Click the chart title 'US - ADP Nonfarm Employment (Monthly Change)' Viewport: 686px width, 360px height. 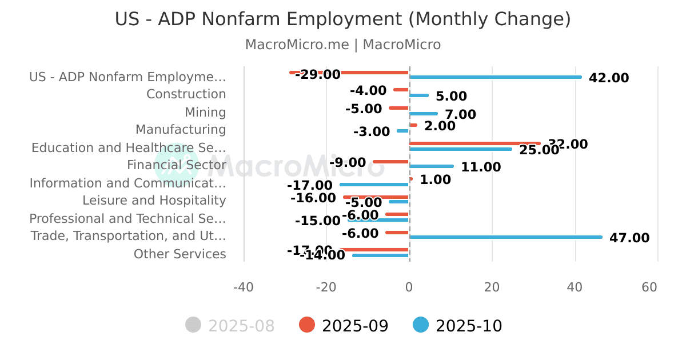pos(343,19)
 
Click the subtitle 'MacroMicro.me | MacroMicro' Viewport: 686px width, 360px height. pos(343,45)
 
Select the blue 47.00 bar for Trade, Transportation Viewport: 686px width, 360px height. pos(505,237)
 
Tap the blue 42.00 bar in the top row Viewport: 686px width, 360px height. pos(495,77)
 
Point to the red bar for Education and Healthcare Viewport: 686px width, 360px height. pos(474,143)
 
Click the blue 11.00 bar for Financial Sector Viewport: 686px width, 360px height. pos(432,166)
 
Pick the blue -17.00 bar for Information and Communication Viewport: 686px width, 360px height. pos(374,185)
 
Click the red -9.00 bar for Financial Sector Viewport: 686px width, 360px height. pos(391,162)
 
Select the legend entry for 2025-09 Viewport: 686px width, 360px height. pos(344,326)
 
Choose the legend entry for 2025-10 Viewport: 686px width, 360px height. pos(458,326)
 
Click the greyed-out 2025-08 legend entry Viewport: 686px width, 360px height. pos(230,326)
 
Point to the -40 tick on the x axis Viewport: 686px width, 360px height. pos(244,287)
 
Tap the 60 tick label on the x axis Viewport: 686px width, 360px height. pos(649,287)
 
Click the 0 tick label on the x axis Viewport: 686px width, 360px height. pos(409,287)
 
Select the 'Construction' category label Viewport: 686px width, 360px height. pos(186,94)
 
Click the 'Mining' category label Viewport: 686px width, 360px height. pos(205,113)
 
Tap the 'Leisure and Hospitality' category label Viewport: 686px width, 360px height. pos(154,201)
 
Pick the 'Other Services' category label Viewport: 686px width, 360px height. pos(180,254)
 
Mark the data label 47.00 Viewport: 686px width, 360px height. pos(629,238)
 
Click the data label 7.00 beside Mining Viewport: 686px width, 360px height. pos(460,115)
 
